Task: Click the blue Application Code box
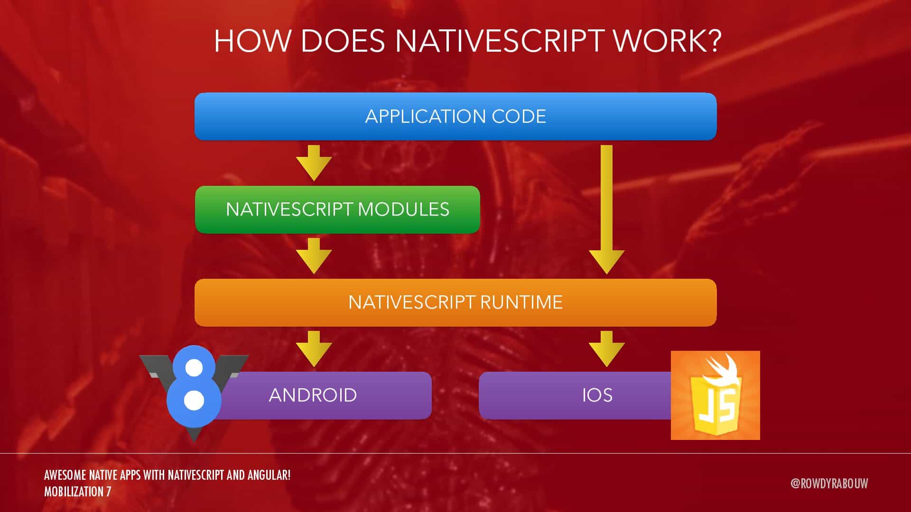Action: coord(455,116)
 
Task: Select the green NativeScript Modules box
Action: coord(337,210)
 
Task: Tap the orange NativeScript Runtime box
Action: coord(455,302)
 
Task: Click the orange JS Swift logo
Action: coord(715,395)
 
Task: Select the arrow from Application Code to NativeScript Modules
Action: coord(314,163)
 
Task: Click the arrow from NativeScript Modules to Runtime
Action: coord(314,256)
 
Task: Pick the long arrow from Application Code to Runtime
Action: coord(606,210)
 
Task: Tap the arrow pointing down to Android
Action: coord(314,349)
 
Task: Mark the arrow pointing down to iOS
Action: coord(606,349)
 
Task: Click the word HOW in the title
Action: coord(252,41)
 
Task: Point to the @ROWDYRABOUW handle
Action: coord(829,483)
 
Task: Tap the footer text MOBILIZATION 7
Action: coord(77,492)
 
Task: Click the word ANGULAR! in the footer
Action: coord(269,475)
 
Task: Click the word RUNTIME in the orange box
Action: coord(521,302)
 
